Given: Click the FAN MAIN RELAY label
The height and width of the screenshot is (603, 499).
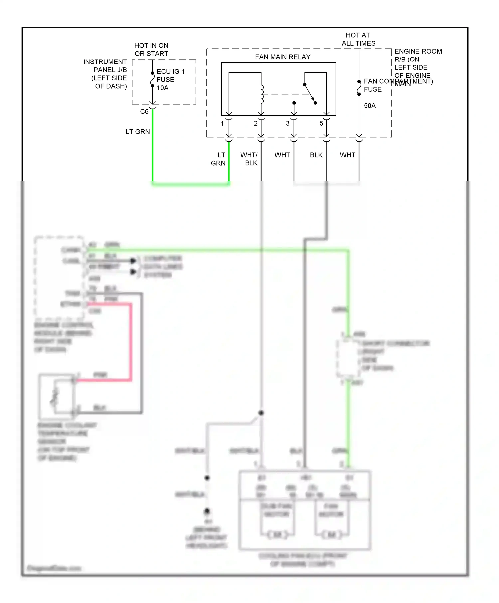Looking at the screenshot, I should click(282, 57).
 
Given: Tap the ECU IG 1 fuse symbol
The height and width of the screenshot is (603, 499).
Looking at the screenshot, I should click(152, 80).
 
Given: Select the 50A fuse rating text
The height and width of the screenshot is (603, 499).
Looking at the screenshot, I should click(370, 106).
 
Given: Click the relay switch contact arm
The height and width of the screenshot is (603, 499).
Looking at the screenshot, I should click(310, 93).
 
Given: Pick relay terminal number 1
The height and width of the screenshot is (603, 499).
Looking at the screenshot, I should click(222, 123).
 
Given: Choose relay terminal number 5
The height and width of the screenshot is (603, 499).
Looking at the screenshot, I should click(321, 123).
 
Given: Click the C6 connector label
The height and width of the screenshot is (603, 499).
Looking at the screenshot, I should click(144, 112).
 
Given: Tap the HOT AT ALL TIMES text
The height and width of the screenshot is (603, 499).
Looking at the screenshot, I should click(358, 39).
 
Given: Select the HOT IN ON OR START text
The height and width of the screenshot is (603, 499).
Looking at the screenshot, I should click(151, 49).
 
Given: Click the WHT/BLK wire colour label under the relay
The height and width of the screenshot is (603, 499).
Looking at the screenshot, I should click(249, 159).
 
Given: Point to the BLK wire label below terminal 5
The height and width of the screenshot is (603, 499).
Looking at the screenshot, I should click(316, 155).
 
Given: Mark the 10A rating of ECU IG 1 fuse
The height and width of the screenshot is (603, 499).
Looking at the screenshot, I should click(163, 88).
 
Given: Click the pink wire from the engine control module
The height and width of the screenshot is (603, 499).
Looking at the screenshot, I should click(130, 342).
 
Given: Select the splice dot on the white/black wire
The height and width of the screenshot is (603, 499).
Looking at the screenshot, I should click(261, 413).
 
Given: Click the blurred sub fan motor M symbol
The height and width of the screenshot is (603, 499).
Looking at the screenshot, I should click(277, 534).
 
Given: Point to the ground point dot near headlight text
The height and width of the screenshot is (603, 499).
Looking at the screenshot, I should click(207, 511).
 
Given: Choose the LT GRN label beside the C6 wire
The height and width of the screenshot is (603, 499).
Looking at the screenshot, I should click(138, 132).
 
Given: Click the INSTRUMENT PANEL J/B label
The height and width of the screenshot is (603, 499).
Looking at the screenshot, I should click(105, 74).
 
